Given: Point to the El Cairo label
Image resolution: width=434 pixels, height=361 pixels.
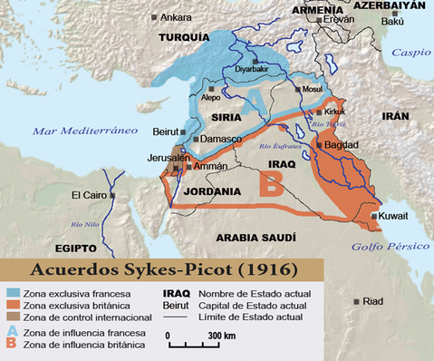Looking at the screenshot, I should click(87, 195).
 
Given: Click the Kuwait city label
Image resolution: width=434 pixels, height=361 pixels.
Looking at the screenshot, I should click(394, 215).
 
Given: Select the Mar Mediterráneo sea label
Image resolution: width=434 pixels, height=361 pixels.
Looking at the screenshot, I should click(78, 132).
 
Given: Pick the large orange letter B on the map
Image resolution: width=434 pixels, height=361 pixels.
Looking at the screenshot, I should click(270, 185).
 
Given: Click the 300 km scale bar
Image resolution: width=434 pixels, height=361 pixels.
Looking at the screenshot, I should click(193, 345).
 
